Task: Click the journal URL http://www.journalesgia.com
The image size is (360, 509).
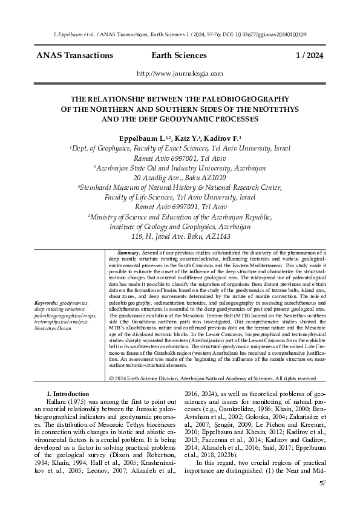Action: coord(180,74)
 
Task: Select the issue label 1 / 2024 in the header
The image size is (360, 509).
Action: coord(309,56)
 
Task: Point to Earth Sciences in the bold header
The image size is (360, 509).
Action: coord(180,56)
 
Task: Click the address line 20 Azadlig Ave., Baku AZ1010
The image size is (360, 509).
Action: coord(180,178)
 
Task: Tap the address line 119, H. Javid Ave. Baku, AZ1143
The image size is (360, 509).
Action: coord(180,236)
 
